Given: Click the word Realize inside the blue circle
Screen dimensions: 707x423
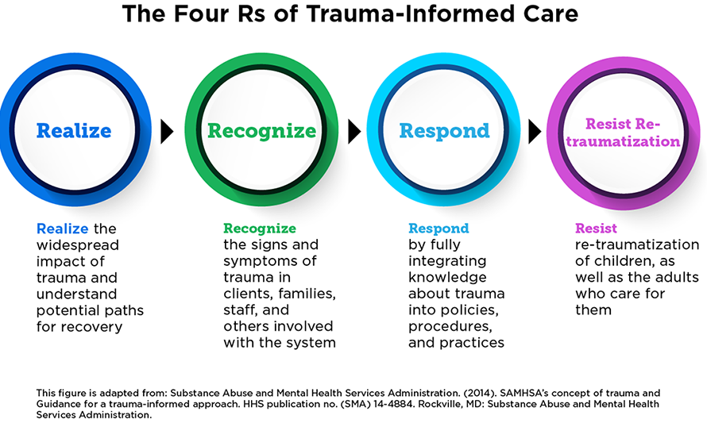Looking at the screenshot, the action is click(74, 131).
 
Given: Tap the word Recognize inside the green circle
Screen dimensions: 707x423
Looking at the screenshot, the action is click(261, 131).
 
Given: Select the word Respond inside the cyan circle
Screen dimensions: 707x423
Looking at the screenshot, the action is click(444, 131).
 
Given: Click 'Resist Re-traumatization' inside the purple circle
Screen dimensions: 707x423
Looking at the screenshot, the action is click(623, 133).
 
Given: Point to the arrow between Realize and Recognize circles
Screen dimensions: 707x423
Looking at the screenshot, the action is click(168, 131).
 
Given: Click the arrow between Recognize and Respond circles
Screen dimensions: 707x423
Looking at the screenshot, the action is click(354, 131).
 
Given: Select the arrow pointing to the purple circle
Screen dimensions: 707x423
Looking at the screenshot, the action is click(535, 131).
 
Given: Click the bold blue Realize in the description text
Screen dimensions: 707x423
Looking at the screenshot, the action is click(62, 229).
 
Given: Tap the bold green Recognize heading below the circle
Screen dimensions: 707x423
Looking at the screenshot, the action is click(260, 229).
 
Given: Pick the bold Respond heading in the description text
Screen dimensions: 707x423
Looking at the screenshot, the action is click(438, 229).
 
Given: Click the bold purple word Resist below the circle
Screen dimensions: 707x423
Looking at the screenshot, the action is click(596, 229).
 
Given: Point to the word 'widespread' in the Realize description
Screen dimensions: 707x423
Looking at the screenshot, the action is click(78, 245).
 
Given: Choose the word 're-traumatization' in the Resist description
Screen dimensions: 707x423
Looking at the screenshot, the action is click(637, 244).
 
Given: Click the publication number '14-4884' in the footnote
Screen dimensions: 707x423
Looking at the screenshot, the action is click(392, 404).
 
